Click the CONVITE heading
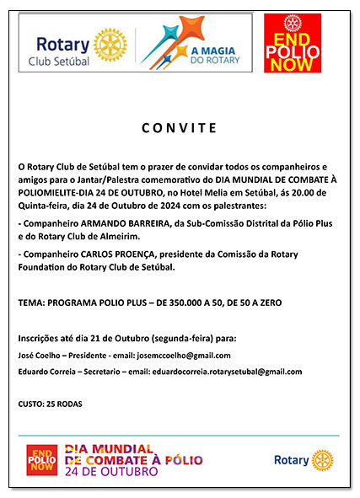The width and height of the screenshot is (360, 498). pos(179,128)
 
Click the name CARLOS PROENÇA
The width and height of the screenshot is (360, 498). pos(110,254)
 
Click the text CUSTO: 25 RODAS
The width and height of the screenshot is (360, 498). pos(51,404)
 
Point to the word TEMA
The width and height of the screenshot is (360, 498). pos(31,302)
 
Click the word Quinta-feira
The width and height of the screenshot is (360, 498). pos(46,206)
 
